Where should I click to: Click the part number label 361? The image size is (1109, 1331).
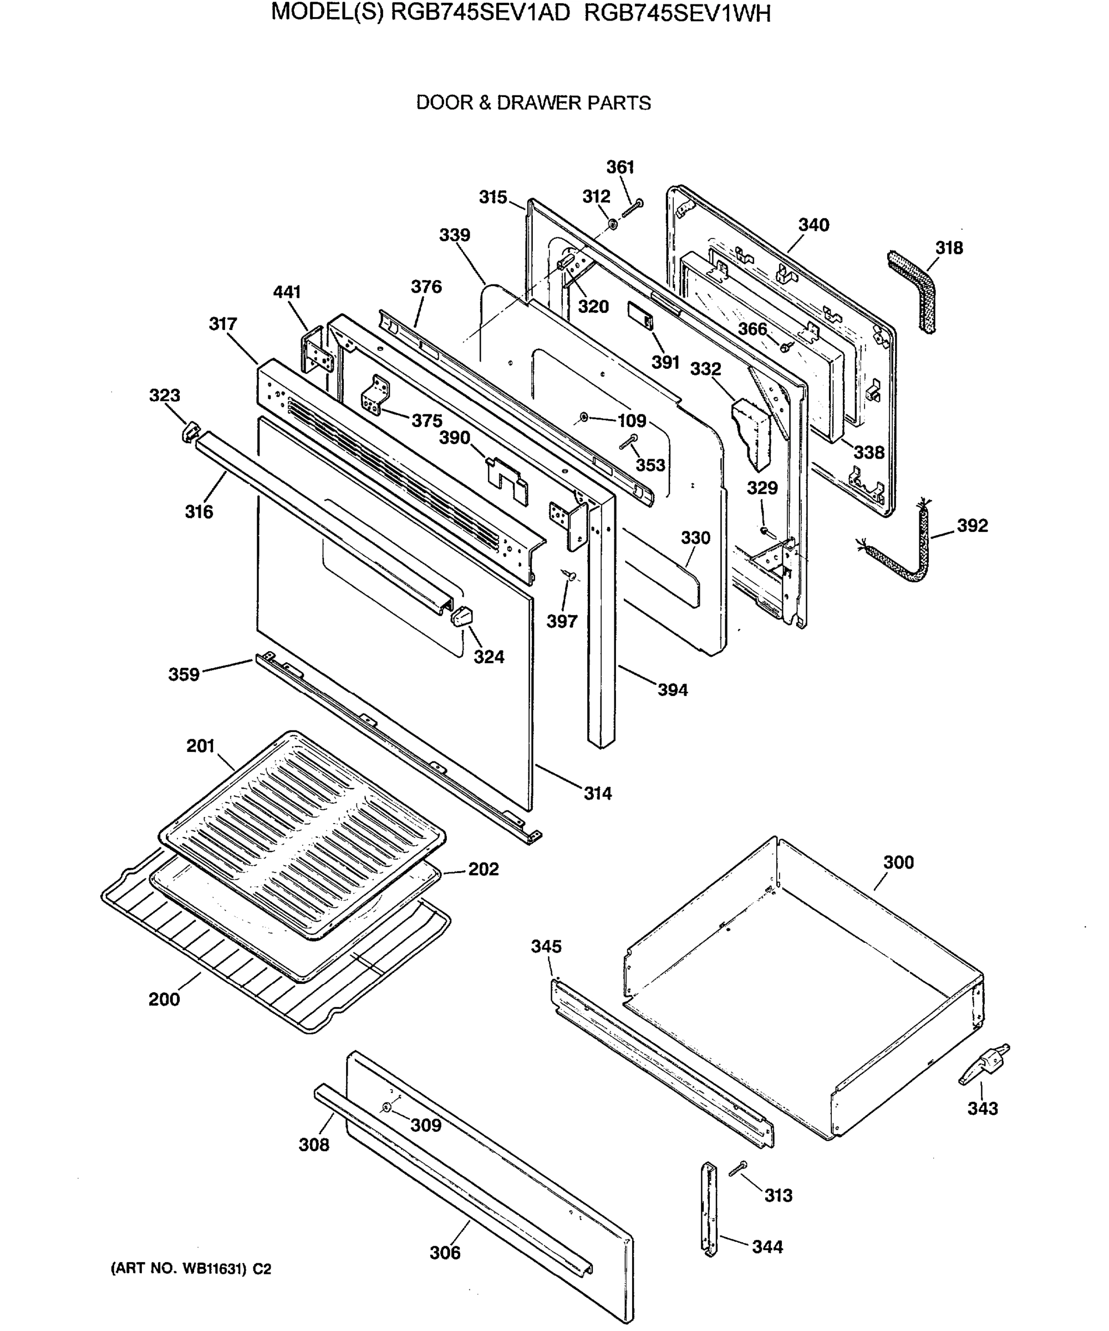(620, 167)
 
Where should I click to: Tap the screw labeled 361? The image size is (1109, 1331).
(633, 208)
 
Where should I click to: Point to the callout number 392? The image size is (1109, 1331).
(971, 525)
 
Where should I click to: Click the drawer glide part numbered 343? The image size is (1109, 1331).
(983, 1070)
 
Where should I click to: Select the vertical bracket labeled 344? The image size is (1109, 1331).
(709, 1208)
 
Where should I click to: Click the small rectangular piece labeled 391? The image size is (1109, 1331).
(640, 315)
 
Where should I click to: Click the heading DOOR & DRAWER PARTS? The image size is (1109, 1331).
(533, 103)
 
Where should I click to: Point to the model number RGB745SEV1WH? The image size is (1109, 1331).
(677, 13)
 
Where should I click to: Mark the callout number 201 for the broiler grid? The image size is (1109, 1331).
(200, 746)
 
